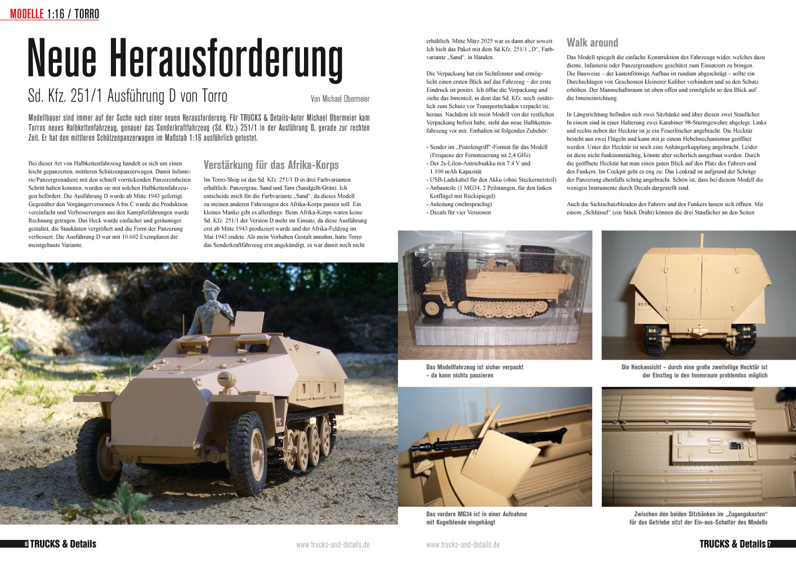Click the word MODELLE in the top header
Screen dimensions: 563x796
click(x=26, y=14)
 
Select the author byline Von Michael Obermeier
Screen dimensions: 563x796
click(x=340, y=99)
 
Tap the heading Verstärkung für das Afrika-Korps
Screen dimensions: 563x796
click(x=271, y=165)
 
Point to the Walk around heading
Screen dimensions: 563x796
click(x=592, y=43)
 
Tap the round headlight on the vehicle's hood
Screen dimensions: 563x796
click(x=227, y=379)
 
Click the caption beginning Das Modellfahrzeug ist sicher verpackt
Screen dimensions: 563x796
click(x=475, y=371)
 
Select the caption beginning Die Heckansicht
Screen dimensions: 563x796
click(x=694, y=371)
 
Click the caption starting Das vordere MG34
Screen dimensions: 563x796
click(x=476, y=518)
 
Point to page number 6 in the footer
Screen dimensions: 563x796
click(x=26, y=544)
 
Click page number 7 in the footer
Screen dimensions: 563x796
click(x=770, y=544)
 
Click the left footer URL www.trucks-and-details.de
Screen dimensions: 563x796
click(x=333, y=544)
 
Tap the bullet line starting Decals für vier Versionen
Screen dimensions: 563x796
click(x=459, y=212)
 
